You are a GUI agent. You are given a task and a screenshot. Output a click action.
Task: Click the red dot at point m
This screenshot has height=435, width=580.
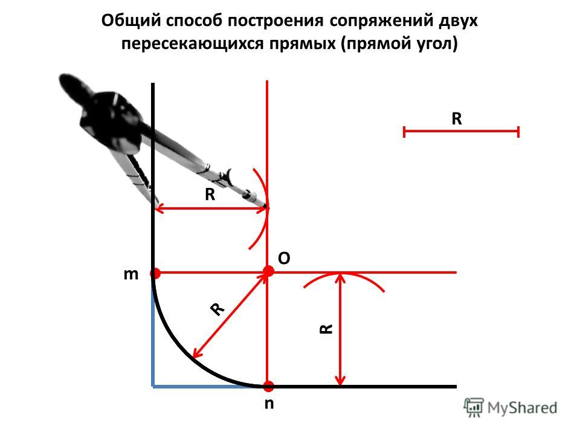pos(155,274)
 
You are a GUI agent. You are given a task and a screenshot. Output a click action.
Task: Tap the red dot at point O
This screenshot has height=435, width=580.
pos(268,271)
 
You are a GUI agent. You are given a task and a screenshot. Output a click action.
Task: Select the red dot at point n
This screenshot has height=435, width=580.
pos(268,386)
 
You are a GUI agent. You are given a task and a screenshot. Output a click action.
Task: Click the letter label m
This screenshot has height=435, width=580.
pos(131,275)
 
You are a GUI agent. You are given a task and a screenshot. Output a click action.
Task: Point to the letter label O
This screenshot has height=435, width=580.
pos(284,258)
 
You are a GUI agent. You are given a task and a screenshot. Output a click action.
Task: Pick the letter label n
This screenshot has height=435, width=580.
pos(269,404)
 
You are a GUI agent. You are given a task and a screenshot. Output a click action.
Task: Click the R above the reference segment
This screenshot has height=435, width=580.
pos(457,119)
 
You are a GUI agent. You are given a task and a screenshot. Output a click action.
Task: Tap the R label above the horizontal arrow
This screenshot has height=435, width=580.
pos(210,194)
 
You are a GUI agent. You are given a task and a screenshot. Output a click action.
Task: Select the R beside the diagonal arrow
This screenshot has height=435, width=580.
pos(217,309)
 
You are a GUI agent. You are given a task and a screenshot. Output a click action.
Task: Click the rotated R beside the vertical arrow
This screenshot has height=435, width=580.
pos(326,329)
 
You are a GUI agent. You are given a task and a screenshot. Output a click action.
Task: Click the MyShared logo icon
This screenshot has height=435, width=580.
pos(474,408)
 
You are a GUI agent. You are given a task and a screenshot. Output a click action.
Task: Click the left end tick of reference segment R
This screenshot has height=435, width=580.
pos(404,132)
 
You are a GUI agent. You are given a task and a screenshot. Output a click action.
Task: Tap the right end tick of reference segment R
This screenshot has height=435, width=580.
pos(518,132)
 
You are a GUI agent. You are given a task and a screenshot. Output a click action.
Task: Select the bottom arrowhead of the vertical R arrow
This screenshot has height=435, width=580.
pos(340,382)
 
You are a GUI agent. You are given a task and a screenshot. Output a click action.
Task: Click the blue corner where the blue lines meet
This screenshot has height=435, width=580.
pos(153,386)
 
